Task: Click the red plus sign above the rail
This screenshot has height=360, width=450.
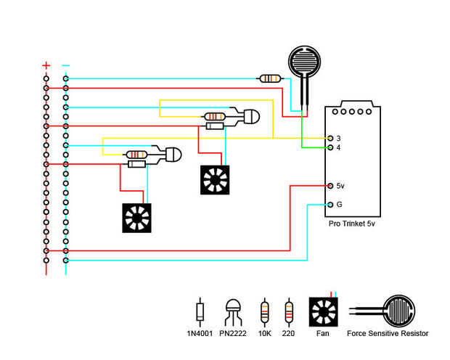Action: click(46, 65)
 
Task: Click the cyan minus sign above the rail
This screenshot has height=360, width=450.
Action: click(66, 65)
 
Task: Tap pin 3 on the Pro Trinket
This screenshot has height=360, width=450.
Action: click(331, 138)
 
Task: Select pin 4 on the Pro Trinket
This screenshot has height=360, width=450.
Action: click(331, 147)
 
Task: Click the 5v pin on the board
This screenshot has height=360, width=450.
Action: click(331, 186)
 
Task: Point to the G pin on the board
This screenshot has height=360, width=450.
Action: click(331, 204)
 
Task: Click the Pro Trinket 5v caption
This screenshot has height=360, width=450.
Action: click(352, 224)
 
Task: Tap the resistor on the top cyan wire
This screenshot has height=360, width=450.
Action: click(271, 78)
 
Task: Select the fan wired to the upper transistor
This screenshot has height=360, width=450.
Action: click(215, 179)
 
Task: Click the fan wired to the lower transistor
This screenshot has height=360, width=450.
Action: click(137, 218)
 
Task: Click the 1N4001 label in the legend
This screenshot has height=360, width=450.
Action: click(201, 333)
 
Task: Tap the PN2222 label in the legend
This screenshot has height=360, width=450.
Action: click(234, 333)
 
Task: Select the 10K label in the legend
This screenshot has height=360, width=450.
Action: click(264, 333)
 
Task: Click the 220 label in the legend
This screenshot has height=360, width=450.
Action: click(290, 333)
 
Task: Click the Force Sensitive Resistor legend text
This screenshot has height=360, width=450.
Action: click(388, 333)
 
